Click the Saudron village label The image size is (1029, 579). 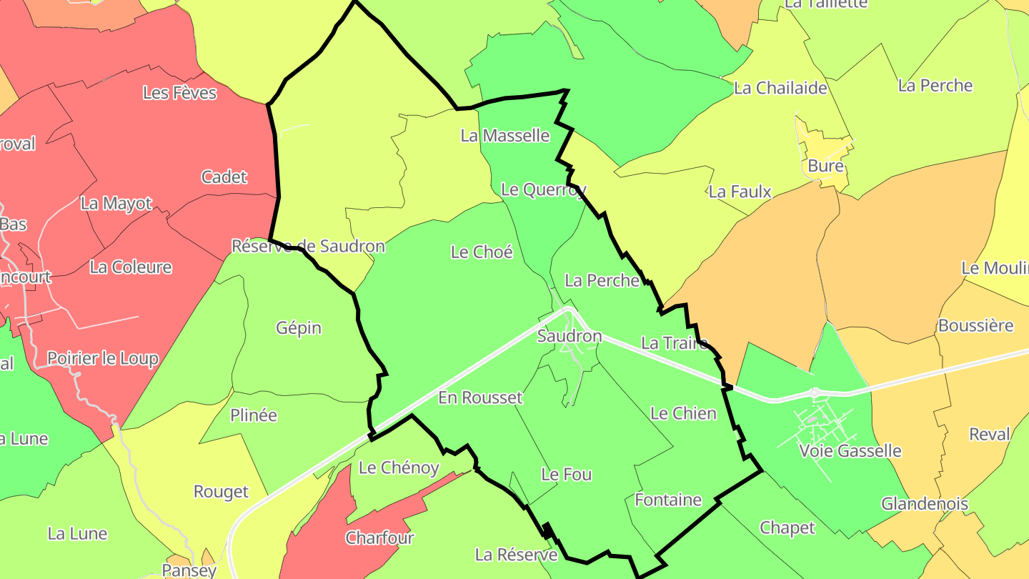pyautogui.click(x=570, y=336)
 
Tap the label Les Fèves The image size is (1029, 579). pyautogui.click(x=179, y=93)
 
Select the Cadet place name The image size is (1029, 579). pyautogui.click(x=224, y=177)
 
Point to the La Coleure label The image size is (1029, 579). pyautogui.click(x=131, y=267)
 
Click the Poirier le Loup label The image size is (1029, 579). pyautogui.click(x=102, y=358)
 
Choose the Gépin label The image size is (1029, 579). pyautogui.click(x=299, y=328)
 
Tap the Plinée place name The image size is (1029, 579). pyautogui.click(x=254, y=415)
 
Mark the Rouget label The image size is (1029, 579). pyautogui.click(x=221, y=492)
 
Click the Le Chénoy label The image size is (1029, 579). pyautogui.click(x=399, y=467)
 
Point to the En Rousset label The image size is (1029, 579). pyautogui.click(x=480, y=397)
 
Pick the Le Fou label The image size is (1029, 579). pyautogui.click(x=566, y=474)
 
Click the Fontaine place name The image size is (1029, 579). pyautogui.click(x=668, y=500)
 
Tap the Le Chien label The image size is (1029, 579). pyautogui.click(x=683, y=413)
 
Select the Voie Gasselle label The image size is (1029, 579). pyautogui.click(x=850, y=451)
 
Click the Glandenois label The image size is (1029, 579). pyautogui.click(x=924, y=504)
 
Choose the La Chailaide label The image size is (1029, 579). pyautogui.click(x=780, y=88)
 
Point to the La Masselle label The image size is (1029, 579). pyautogui.click(x=504, y=135)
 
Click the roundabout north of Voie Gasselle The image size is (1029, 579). pyautogui.click(x=815, y=392)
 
